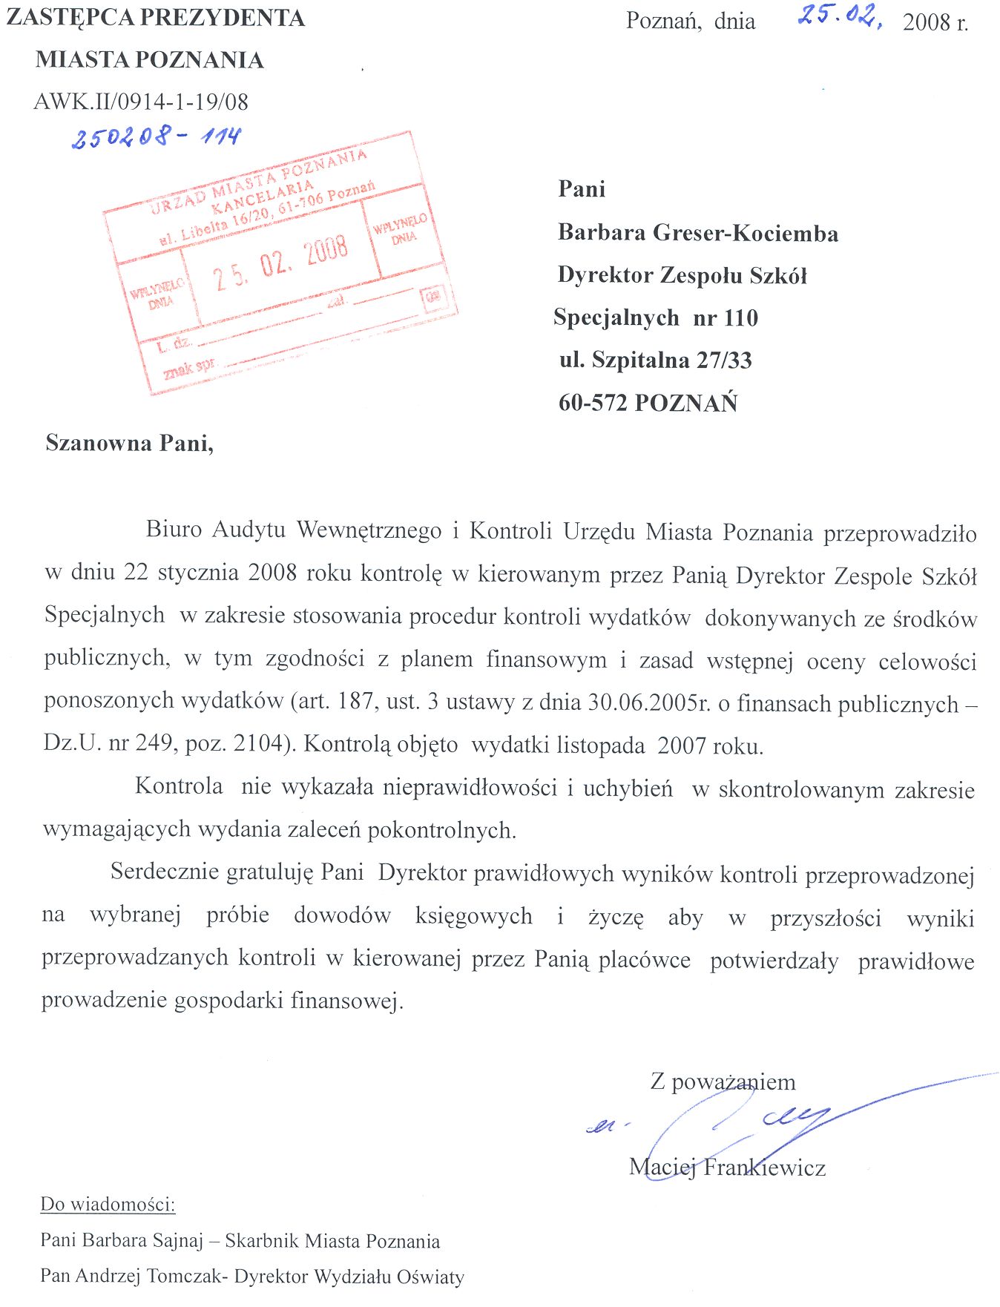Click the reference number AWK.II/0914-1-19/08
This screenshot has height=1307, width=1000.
click(x=141, y=102)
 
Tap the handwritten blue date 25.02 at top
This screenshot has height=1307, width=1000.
click(x=838, y=16)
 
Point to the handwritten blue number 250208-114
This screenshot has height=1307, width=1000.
click(x=156, y=136)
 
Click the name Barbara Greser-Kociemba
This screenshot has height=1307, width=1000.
click(x=698, y=233)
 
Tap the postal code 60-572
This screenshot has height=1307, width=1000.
click(x=593, y=403)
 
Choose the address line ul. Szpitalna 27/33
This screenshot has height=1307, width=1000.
click(x=655, y=361)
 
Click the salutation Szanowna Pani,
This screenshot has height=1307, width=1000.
click(x=130, y=443)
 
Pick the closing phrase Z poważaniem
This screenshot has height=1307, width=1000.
click(x=723, y=1082)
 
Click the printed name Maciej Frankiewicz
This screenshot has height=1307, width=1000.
click(x=727, y=1168)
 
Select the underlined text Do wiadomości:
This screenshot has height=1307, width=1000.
click(x=108, y=1204)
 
